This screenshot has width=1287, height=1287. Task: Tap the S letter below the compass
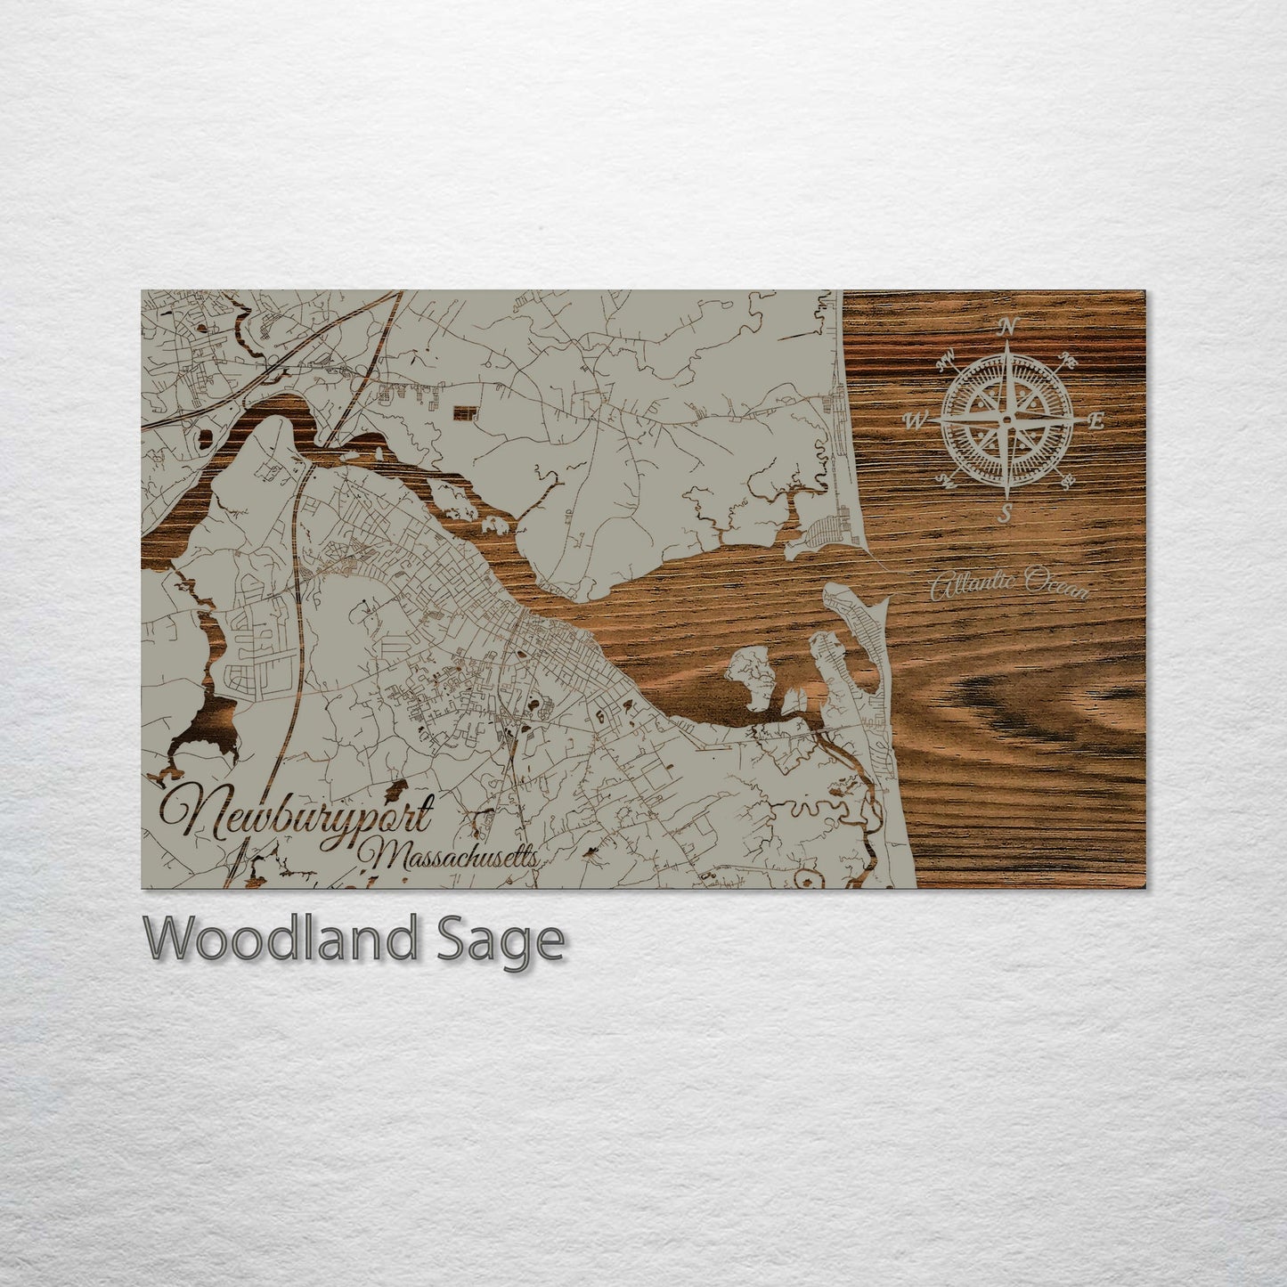click(1006, 512)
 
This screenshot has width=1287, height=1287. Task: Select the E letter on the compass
click(1098, 421)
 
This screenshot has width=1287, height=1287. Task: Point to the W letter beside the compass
click(915, 420)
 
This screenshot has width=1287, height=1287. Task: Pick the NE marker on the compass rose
click(1069, 360)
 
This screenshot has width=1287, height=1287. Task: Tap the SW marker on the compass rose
click(946, 482)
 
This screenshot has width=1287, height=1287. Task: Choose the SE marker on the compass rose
click(1067, 482)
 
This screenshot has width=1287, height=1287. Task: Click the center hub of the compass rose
click(1006, 419)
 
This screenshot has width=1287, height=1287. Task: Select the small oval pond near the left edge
click(208, 437)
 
